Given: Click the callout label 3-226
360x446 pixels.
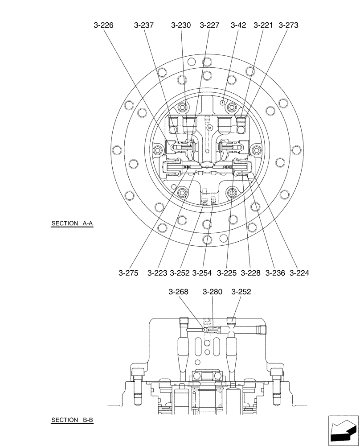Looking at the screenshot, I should (103, 25).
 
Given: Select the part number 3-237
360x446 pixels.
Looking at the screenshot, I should (143, 25).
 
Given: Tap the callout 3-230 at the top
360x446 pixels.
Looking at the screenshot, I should (181, 25).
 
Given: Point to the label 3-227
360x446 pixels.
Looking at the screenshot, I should (209, 25).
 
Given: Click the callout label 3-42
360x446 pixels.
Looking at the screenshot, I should (238, 25).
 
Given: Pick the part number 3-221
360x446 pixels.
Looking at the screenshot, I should (263, 25).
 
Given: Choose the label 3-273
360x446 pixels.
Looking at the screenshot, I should (288, 25).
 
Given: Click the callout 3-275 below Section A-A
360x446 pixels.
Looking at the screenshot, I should (128, 273).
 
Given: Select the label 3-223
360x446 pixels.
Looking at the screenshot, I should (157, 273).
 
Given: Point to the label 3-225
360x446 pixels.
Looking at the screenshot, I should (227, 273).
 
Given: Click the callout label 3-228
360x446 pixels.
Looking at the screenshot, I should (251, 273).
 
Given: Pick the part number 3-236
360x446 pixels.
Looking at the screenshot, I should (275, 273).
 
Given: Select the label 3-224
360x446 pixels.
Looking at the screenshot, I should (299, 273).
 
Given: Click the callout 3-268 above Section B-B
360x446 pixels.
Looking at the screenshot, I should (179, 292).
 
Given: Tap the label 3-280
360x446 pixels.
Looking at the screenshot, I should (212, 292).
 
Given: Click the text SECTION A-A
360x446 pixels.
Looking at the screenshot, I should (72, 224).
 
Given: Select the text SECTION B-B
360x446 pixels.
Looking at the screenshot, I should (72, 420).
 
